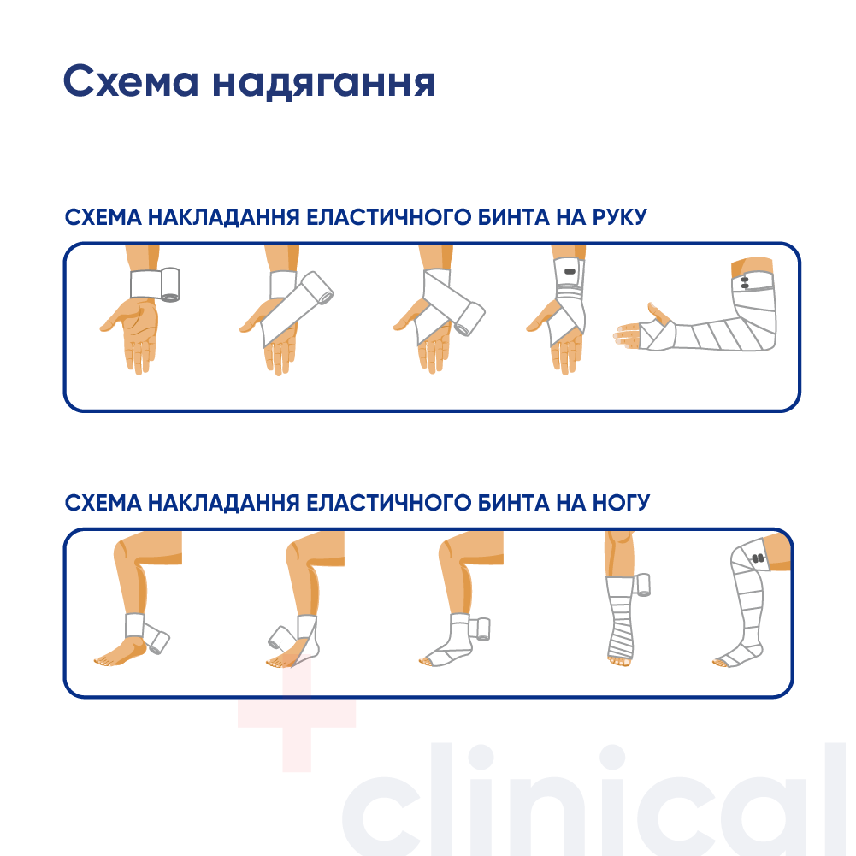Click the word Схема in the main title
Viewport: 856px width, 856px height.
click(131, 81)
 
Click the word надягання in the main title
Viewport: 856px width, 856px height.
click(324, 83)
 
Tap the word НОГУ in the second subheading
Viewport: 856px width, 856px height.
click(621, 503)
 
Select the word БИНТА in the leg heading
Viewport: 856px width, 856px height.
click(514, 503)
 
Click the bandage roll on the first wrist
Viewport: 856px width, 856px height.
click(170, 285)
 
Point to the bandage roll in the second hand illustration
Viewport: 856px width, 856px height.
click(317, 287)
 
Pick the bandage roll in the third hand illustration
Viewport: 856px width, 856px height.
click(470, 319)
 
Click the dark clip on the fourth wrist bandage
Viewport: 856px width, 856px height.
click(570, 271)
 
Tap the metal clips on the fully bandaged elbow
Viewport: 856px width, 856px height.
click(745, 283)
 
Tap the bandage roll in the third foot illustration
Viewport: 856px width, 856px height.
click(481, 629)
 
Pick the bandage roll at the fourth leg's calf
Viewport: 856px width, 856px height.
click(642, 585)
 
